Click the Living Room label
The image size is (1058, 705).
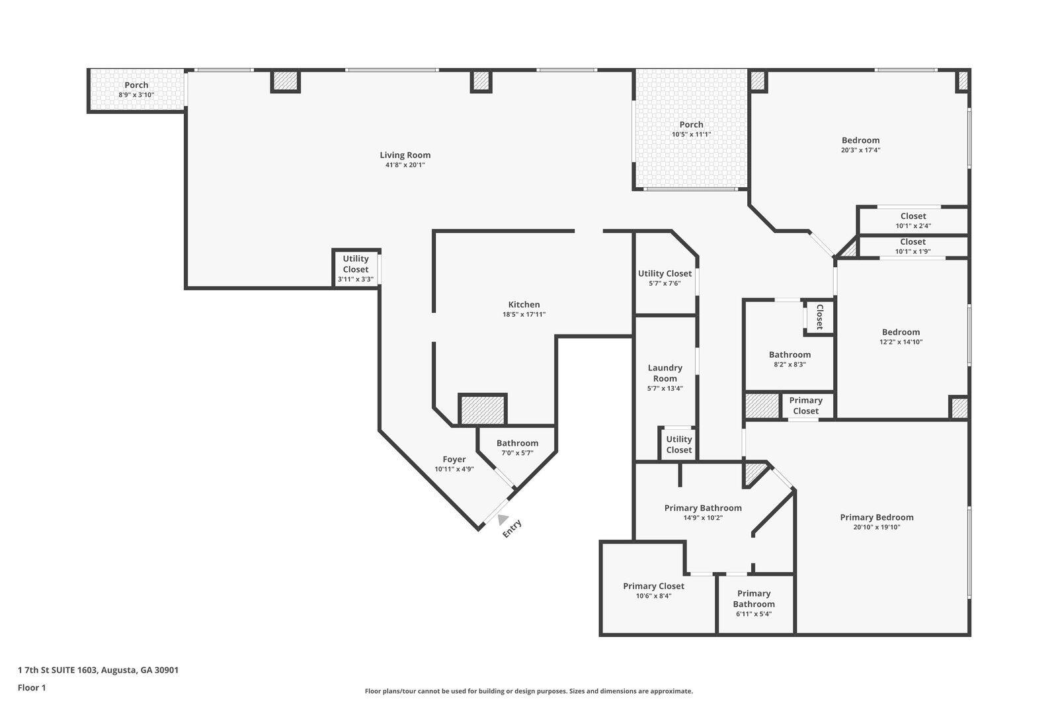[x=405, y=155]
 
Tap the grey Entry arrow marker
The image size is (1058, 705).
[x=503, y=520]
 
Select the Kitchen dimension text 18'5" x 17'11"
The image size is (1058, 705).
[x=524, y=315]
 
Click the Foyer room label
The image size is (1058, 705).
[x=454, y=460]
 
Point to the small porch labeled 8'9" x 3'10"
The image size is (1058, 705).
[x=136, y=90]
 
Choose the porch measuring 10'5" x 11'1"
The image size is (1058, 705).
[x=691, y=129]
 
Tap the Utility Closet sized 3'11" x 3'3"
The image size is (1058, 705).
[x=356, y=269]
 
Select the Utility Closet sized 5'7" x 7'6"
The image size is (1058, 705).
[x=665, y=278]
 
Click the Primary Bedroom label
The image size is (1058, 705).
[x=876, y=518]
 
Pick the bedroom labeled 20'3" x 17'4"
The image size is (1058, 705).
[x=860, y=144]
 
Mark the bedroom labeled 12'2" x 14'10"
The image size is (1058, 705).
[x=900, y=337]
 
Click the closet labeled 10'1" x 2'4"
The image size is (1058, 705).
[x=913, y=220]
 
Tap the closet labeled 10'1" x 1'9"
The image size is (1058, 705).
[x=913, y=246]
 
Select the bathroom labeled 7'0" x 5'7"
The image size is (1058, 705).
[x=517, y=448]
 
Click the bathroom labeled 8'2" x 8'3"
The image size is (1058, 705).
[x=790, y=359]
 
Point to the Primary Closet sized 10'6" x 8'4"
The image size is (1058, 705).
[x=653, y=590]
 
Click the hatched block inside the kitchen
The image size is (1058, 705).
[x=483, y=410]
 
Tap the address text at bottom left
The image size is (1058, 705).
[x=98, y=670]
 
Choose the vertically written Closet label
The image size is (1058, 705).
[x=819, y=317]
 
